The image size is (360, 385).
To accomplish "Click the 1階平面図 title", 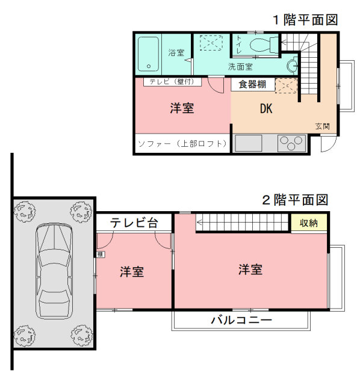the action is pos(305,20).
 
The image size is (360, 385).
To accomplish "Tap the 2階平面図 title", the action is pos(296,200).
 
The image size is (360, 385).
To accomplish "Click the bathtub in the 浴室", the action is pos(148,54).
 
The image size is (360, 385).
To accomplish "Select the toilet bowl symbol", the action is pos(264,45).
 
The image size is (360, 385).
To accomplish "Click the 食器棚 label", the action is pos(252,84).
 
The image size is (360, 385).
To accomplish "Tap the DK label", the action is pos(266,108).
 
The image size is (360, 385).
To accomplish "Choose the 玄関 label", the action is pos(323,126).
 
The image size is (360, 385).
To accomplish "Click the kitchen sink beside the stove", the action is pos(249,143).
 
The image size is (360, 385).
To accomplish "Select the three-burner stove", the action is pos(292,143).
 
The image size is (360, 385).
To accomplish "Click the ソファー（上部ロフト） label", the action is pos(182,144).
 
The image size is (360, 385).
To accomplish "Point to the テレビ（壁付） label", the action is pos(172,82).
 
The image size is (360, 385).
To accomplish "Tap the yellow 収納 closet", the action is pos(309,223).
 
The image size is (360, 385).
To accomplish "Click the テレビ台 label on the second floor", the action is pos(134,223).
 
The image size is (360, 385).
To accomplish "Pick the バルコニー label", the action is pos(241,320).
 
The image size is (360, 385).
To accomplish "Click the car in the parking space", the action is pos(54,271).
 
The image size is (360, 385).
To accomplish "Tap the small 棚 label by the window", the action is pos(101,254).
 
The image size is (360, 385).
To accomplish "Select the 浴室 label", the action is pos(176,52).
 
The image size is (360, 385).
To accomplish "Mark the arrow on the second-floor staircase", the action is pos(199,223).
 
